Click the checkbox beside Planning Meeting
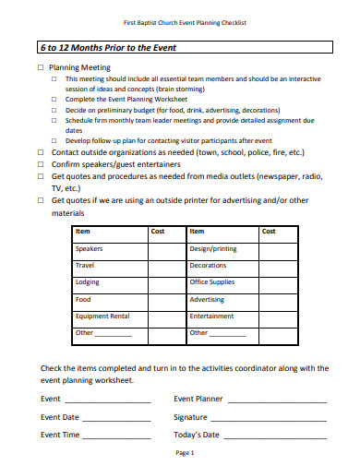point(41,68)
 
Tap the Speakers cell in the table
point(90,249)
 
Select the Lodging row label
point(88,282)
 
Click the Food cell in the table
point(83,300)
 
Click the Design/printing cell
point(213,249)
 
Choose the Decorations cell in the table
point(208,266)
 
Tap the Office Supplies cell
point(211,282)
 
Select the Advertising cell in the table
point(207,300)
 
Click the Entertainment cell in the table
point(211,317)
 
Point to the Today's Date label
point(197,435)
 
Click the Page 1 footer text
point(185,453)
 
